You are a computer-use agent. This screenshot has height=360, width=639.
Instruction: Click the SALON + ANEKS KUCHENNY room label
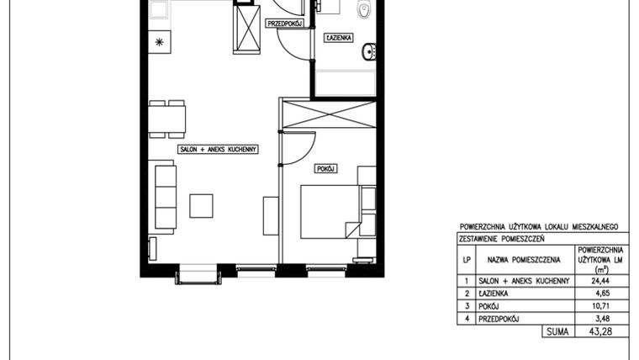[x=217, y=149]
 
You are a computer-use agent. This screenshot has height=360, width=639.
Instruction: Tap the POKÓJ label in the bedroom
[x=325, y=169]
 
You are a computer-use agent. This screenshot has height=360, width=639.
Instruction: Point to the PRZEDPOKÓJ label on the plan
[x=284, y=24]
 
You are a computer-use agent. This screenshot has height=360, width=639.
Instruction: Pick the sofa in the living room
[x=166, y=199]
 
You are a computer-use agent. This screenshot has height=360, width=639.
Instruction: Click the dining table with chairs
[x=168, y=118]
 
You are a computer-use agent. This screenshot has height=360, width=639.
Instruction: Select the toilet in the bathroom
[x=363, y=11]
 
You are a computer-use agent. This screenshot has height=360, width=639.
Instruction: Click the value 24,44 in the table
[x=599, y=281]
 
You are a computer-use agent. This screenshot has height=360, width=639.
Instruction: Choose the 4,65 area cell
[x=599, y=294]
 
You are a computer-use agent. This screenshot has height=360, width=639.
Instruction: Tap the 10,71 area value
[x=599, y=306]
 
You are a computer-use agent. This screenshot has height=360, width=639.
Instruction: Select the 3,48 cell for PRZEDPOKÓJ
[x=599, y=319]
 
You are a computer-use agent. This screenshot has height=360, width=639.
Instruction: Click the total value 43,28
[x=599, y=332]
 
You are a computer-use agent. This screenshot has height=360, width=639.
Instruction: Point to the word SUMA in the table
[x=556, y=332]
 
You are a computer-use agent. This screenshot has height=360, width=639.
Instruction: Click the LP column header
[x=467, y=261]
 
